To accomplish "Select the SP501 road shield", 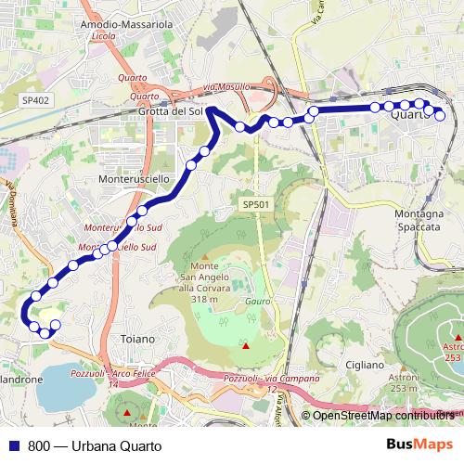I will (x=255, y=203).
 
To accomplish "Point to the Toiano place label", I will (x=138, y=340).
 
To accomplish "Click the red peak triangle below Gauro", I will (x=246, y=346).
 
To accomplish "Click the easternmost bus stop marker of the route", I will (x=440, y=116).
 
